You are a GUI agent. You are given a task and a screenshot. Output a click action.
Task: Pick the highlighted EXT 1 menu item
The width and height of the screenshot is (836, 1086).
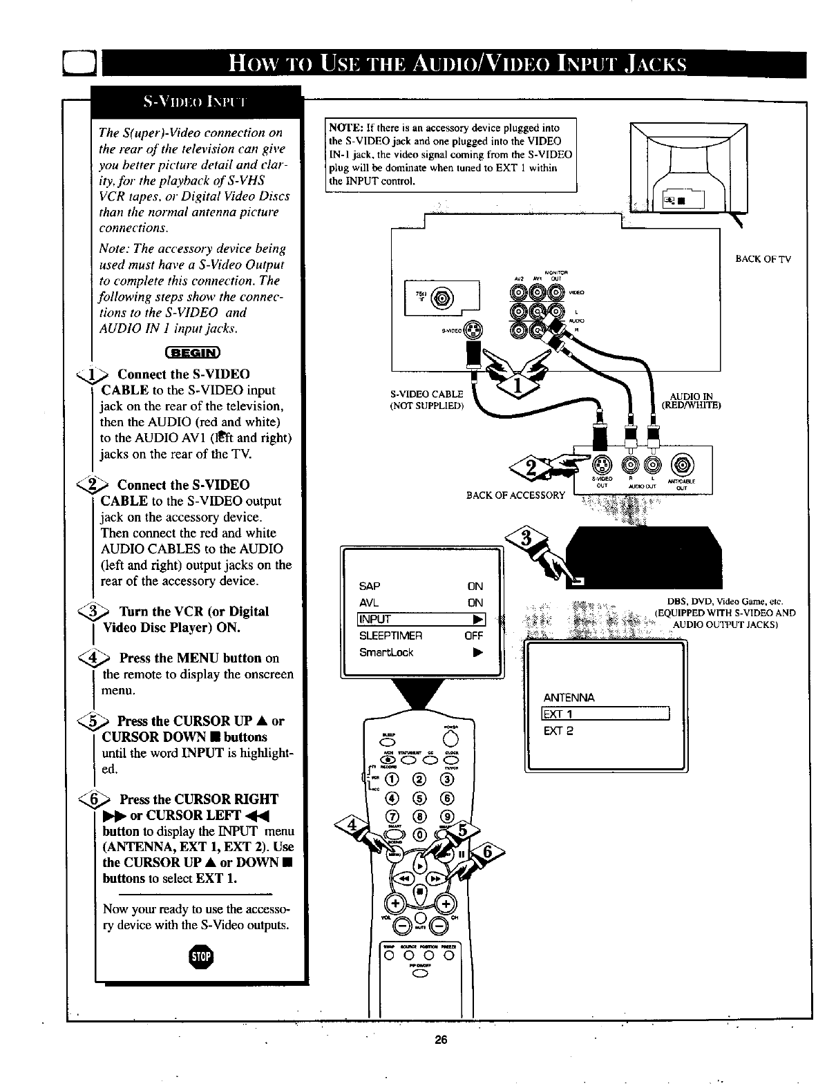point(605,714)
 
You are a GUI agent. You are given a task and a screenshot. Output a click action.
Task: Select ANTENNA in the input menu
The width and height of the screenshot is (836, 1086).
point(569,697)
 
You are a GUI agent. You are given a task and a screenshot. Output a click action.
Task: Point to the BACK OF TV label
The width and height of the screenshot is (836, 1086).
point(763,259)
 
